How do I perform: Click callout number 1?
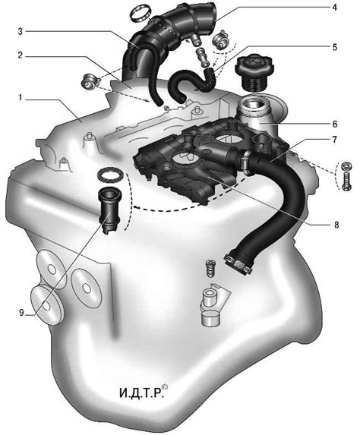(20, 98)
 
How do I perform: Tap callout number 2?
(20, 55)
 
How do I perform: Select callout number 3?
(20, 31)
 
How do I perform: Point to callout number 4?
(335, 8)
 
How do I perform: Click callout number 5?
(335, 47)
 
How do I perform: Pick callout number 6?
(335, 124)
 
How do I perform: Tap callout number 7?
(335, 140)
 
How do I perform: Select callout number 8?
(336, 225)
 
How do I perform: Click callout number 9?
(22, 313)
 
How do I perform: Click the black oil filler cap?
(254, 72)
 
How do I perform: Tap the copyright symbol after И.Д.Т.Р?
(165, 386)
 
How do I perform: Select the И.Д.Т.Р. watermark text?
(141, 392)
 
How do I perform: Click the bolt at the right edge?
(346, 181)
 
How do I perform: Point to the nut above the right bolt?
(346, 166)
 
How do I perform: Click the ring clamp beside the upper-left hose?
(141, 14)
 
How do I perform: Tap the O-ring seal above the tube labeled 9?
(111, 175)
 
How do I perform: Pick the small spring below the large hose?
(211, 268)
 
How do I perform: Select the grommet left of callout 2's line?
(89, 82)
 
